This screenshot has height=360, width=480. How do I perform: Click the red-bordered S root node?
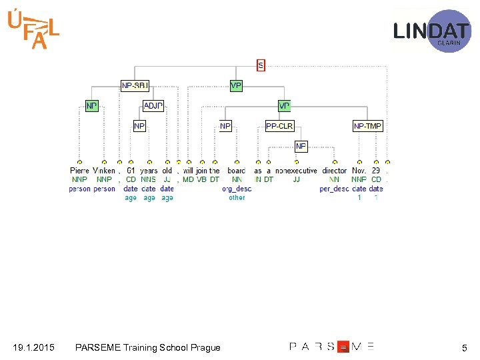pos(261,65)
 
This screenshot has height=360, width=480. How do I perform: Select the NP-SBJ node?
pos(135,85)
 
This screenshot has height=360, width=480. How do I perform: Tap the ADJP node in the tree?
pos(153,106)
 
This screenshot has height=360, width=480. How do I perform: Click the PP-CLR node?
pos(279,126)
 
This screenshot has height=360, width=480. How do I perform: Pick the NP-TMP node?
pos(368,126)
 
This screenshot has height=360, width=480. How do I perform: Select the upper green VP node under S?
pos(236,85)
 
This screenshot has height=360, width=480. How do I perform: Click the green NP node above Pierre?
pos(91,106)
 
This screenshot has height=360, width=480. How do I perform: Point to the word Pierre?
pos(79,171)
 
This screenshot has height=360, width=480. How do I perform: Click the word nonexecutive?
pos(296,171)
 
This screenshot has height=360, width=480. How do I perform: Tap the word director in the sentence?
pos(335,171)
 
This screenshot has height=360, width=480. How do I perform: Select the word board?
pos(237,171)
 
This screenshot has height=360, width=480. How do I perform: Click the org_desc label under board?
pos(237,189)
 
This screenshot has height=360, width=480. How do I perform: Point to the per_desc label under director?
pos(334,189)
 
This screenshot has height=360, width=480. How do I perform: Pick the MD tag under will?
pos(188,179)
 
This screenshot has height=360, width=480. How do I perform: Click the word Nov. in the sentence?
pos(359,171)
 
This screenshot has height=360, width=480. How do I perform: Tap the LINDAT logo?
pos(431,31)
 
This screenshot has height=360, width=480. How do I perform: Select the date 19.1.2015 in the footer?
pos(33,347)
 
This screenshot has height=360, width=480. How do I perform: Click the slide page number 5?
pos(464,347)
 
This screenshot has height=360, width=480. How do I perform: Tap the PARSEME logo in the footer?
pos(331,347)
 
